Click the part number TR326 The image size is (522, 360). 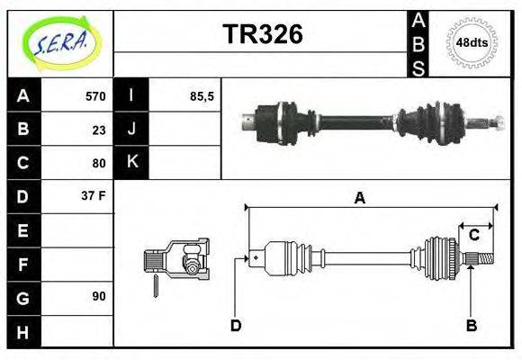[x=262, y=34]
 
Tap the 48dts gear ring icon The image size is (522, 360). [x=472, y=42]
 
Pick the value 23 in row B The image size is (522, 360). [x=99, y=130]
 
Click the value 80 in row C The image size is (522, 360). [x=99, y=163]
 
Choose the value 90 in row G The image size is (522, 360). [x=99, y=296]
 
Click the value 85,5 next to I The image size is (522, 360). [x=202, y=96]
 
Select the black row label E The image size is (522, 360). [x=22, y=230]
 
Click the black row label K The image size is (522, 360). [x=131, y=163]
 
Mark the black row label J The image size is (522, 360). [x=131, y=130]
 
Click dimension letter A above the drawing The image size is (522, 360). [x=359, y=198]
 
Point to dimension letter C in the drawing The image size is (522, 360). [x=473, y=236]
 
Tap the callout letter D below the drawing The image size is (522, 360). [x=236, y=325]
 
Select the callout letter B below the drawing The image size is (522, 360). [x=471, y=325]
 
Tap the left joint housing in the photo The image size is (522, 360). [x=270, y=121]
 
